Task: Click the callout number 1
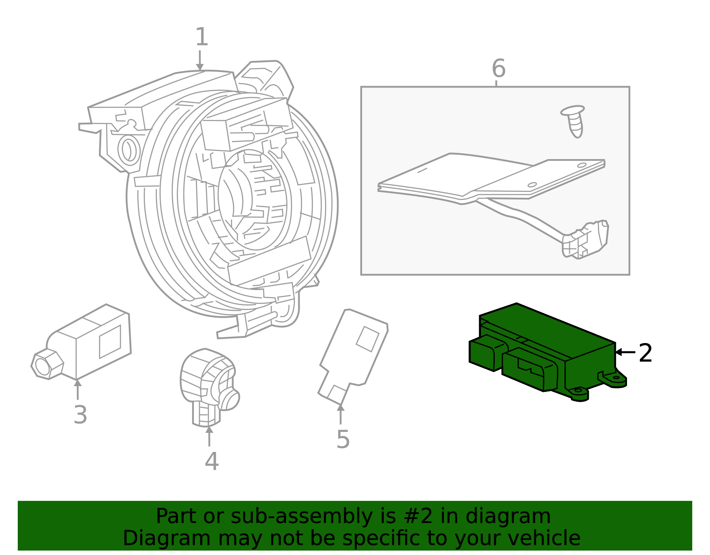tap(201, 37)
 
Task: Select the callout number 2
tap(645, 353)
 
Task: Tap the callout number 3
tap(80, 415)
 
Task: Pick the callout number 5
tap(343, 439)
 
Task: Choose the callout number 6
tap(498, 69)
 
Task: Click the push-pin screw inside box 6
tap(573, 120)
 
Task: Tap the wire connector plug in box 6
tap(585, 240)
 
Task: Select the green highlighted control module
tap(546, 351)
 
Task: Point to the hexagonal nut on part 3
tap(47, 365)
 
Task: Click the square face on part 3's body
tap(110, 341)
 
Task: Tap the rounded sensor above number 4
tap(209, 382)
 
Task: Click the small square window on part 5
tap(367, 339)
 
